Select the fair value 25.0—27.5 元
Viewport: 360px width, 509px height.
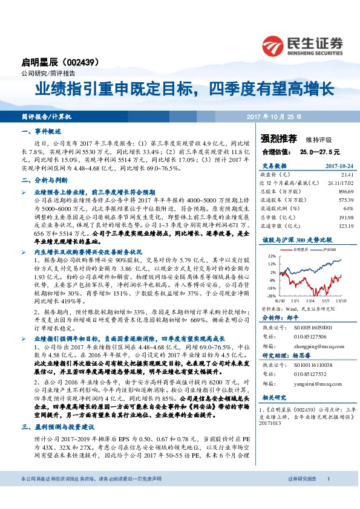[x=318, y=151]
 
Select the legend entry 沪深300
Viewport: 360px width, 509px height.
[x=329, y=248]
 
